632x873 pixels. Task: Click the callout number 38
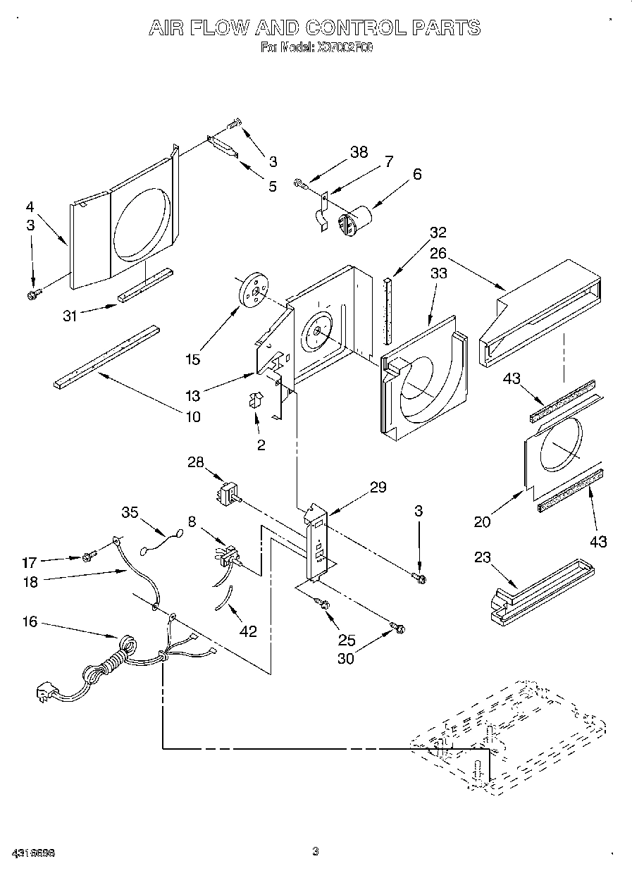(x=359, y=153)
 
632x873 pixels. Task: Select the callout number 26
(x=438, y=252)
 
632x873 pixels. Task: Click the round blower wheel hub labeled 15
(x=254, y=290)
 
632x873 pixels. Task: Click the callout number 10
(x=192, y=416)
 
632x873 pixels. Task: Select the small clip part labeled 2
(x=254, y=402)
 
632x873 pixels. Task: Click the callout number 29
(x=378, y=487)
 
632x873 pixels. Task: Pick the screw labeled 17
(x=88, y=557)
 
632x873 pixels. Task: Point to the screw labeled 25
(x=325, y=603)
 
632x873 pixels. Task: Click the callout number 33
(x=438, y=273)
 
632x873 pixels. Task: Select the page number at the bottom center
(x=316, y=851)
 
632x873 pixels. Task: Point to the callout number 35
(x=129, y=512)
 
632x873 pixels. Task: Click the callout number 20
(x=482, y=522)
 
